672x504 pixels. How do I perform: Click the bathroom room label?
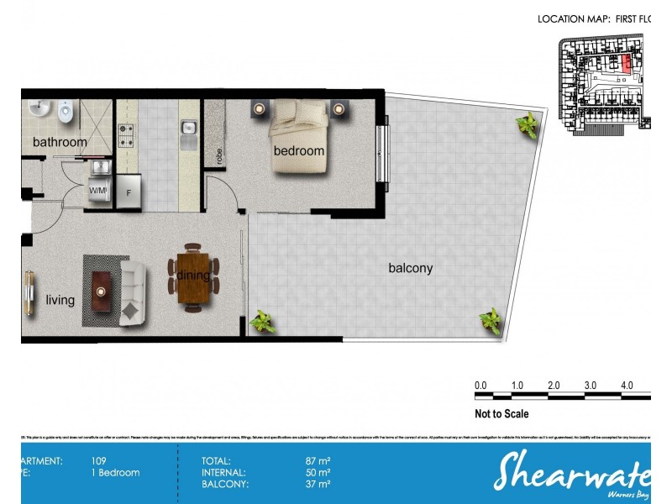point(60,143)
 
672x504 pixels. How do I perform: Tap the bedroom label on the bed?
point(298,151)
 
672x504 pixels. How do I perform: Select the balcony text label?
point(410,269)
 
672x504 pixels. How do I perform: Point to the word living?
point(60,300)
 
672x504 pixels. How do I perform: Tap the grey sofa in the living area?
point(133,291)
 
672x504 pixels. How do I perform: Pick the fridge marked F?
point(129,190)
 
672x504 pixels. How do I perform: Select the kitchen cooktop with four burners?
point(127,132)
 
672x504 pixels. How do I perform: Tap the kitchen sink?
point(189,129)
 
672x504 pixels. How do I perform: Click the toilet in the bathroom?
point(66,111)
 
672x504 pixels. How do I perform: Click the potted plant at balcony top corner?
point(528,127)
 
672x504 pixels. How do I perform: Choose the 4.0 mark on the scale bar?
point(627,385)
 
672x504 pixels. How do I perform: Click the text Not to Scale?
point(501,413)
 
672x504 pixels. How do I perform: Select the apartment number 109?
point(98,460)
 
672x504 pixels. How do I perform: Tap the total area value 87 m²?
point(318,460)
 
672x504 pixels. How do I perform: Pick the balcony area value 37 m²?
point(318,484)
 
